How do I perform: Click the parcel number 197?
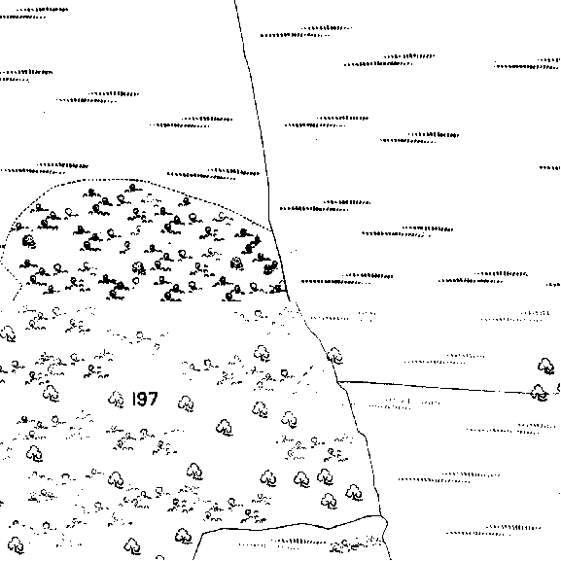coord(145,399)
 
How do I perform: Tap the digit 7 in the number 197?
coord(152,399)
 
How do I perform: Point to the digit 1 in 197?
coord(134,399)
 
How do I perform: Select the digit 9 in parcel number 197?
coord(141,399)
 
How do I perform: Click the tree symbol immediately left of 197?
coord(117,400)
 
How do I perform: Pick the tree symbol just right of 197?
coord(186,403)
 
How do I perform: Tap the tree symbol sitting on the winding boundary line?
coord(334,356)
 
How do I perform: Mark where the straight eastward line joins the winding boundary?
coord(337,382)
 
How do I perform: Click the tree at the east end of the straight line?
coord(540,393)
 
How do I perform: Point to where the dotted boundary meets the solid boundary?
coord(271,229)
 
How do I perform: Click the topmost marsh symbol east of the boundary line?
coord(306,31)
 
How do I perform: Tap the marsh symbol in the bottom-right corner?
coord(494,530)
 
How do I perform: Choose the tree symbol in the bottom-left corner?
coord(16,544)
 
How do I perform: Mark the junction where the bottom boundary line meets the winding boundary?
coord(381,515)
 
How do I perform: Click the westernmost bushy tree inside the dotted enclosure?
coord(29,241)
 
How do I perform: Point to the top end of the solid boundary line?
coord(235,1)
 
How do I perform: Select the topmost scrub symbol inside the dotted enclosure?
coord(133,188)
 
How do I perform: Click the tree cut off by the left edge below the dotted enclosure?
coord(8,333)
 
